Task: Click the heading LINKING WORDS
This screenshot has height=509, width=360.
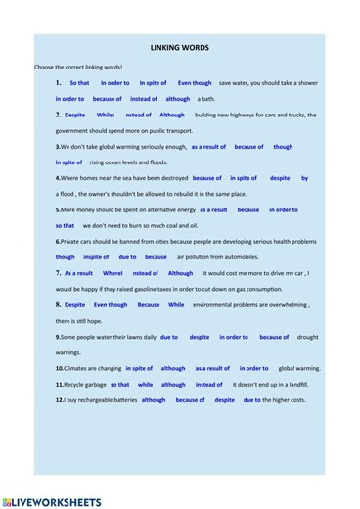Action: point(179,47)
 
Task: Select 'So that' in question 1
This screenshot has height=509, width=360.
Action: point(79,83)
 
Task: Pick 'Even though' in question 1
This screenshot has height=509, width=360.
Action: point(195,83)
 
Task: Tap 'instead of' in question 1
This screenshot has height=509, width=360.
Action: point(143,99)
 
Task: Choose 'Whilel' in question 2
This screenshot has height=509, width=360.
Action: point(106,115)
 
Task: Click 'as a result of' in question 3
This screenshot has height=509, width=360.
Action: point(208,147)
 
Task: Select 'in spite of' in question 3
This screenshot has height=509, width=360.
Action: point(69,162)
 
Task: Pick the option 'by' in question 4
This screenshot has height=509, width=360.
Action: point(304,178)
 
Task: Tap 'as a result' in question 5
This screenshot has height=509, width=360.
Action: point(213,209)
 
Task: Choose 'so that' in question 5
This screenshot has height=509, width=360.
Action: point(65,225)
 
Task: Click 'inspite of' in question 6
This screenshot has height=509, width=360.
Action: point(96,257)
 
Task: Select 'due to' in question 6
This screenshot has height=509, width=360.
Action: point(127,257)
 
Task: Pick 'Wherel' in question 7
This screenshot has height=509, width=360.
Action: point(112,273)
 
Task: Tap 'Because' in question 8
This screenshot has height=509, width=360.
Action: point(148,304)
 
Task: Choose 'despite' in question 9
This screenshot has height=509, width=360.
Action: point(199,337)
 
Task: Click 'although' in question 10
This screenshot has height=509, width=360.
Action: point(172,369)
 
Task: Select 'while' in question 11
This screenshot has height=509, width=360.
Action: point(145,385)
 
